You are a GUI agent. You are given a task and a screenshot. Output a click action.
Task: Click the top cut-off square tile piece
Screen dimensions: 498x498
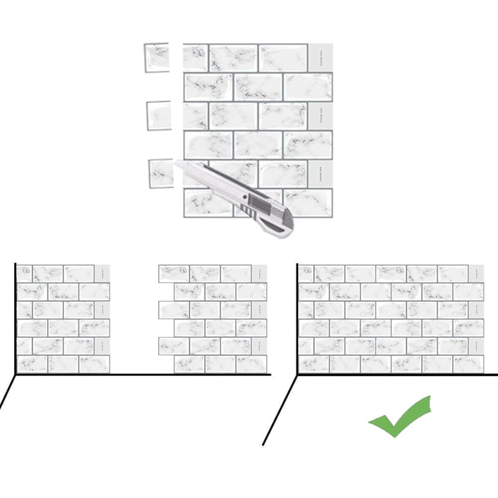[156, 57]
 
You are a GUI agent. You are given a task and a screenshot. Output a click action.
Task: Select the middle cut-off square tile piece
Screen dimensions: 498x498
[159, 115]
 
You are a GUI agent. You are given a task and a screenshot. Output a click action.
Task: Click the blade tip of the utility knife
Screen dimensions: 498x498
[177, 162]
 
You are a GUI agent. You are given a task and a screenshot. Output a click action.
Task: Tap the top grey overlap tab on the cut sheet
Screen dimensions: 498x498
[320, 58]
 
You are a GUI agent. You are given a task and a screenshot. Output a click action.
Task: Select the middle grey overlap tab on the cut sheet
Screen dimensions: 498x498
[320, 116]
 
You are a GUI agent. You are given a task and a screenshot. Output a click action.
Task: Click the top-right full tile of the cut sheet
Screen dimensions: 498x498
[283, 58]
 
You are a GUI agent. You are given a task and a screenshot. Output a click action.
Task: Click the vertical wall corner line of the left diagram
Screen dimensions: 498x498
[15, 317]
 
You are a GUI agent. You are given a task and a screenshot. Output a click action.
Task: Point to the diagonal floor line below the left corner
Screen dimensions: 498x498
[7, 392]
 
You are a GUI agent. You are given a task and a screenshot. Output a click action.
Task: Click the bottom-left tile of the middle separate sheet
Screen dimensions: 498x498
[189, 364]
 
